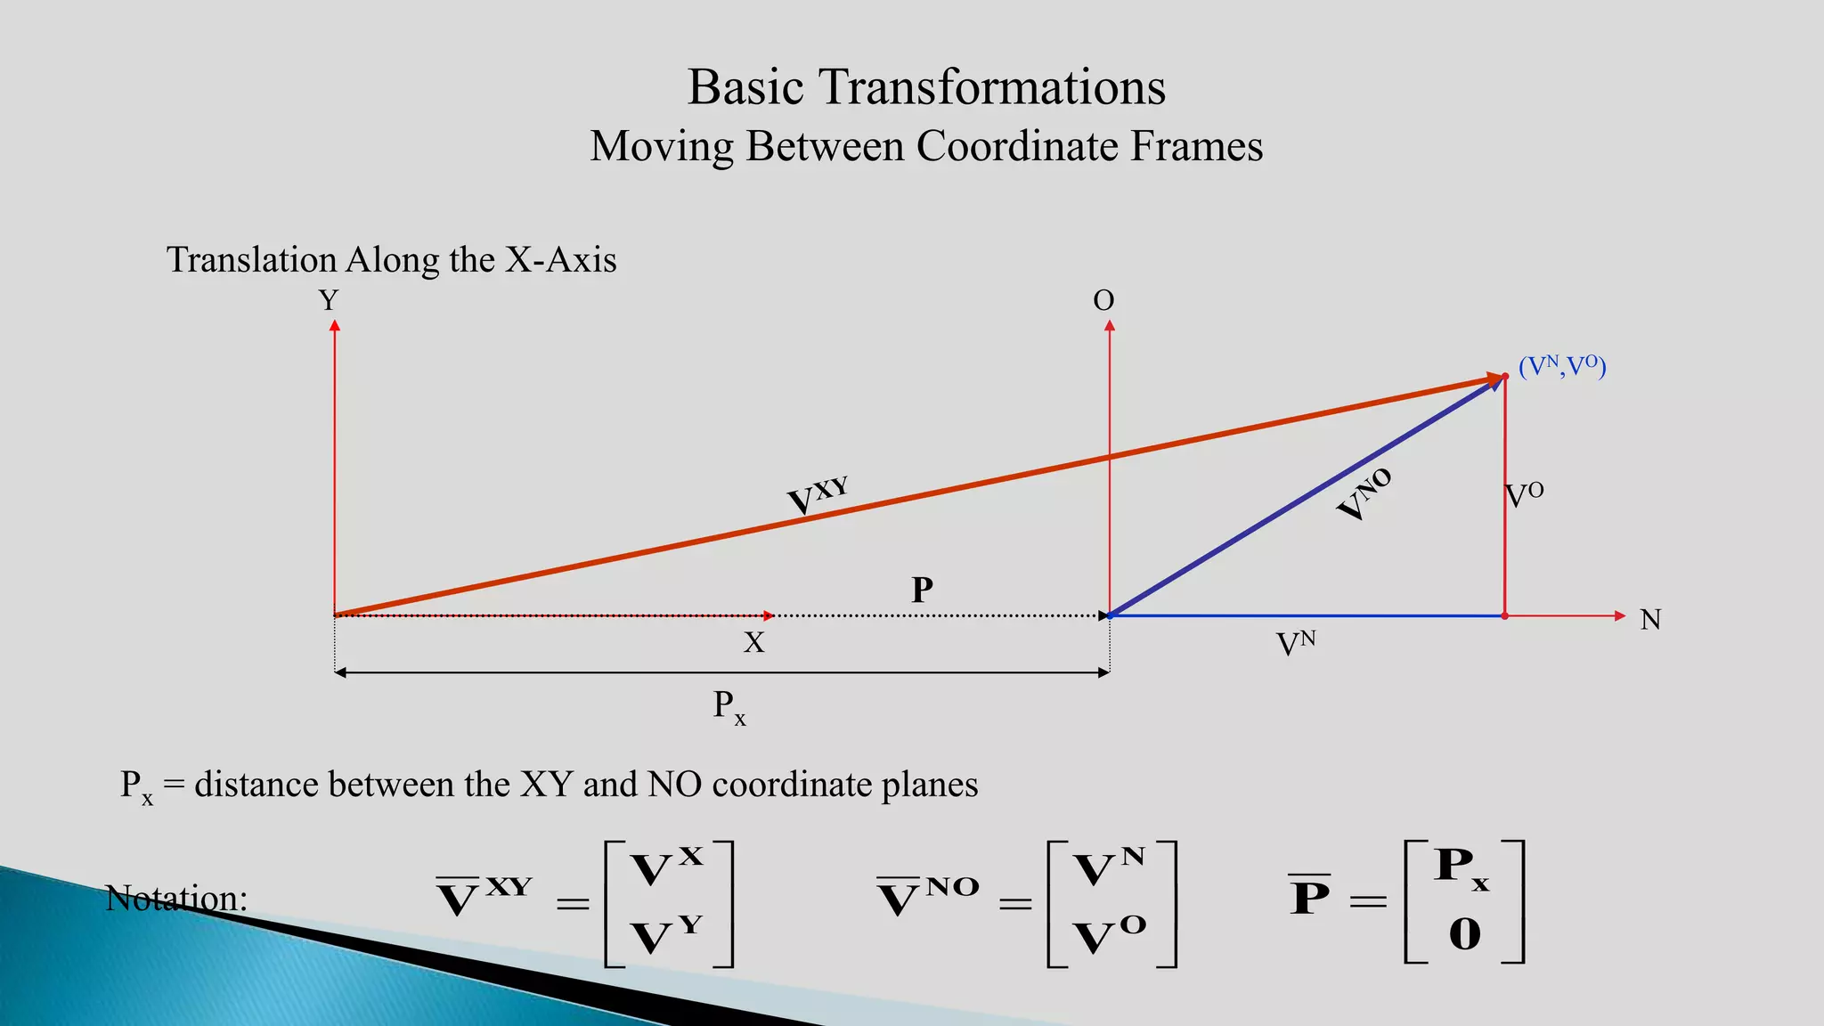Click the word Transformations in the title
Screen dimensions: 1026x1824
coord(991,88)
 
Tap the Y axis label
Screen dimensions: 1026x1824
coord(329,301)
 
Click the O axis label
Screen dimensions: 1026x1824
coord(1103,301)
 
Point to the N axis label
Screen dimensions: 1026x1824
coord(1650,620)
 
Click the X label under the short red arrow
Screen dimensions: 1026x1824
coord(753,643)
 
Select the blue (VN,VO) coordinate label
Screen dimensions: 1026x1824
coord(1562,366)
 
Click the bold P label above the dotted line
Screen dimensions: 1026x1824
coord(922,590)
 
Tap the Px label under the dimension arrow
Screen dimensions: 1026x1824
coord(729,707)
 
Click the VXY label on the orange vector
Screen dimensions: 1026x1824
coord(817,496)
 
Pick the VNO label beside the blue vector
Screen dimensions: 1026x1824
coord(1364,495)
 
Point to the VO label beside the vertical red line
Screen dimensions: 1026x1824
coord(1524,495)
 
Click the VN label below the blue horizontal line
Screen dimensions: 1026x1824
coord(1295,643)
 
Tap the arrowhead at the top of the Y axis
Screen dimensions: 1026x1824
coord(335,327)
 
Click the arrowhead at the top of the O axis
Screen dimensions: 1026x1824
coord(1110,327)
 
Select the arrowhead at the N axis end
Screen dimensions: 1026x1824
coord(1620,615)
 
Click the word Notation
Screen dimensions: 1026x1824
coord(175,898)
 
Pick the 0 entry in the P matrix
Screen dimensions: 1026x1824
coord(1464,934)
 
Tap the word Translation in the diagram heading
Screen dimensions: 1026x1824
coord(251,260)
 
